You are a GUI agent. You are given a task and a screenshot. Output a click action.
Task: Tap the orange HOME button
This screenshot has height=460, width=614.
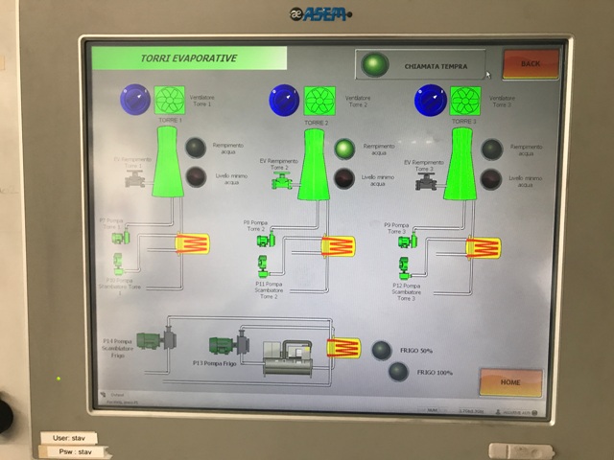coord(510,382)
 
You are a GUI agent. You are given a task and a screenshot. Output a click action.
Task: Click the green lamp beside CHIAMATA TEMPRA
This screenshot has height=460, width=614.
coord(375,65)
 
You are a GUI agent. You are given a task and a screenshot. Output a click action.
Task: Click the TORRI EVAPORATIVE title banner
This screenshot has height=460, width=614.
coord(189,58)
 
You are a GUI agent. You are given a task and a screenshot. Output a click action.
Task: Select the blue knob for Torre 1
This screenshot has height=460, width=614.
coord(134,100)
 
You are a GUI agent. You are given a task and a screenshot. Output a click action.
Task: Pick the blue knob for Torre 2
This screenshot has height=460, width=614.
coord(284,100)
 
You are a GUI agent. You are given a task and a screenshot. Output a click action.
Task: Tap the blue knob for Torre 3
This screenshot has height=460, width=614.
coord(430,100)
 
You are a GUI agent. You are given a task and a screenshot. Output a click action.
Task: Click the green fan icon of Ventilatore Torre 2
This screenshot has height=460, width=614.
coord(319,100)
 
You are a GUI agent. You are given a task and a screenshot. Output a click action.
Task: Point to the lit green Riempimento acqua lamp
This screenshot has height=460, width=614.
coord(344,149)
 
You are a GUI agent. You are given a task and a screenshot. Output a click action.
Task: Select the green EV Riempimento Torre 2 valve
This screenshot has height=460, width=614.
coord(282,180)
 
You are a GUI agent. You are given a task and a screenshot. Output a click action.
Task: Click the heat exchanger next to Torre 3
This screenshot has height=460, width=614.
coord(483,248)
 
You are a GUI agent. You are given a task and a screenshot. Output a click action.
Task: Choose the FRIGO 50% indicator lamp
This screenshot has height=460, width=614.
coord(382,351)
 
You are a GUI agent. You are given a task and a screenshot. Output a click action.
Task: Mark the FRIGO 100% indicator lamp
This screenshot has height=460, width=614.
coord(398,372)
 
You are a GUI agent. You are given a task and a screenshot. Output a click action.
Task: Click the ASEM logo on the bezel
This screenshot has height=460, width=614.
coord(321,13)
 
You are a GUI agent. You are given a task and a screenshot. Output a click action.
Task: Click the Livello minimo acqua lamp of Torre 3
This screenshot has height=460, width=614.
coord(491,179)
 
